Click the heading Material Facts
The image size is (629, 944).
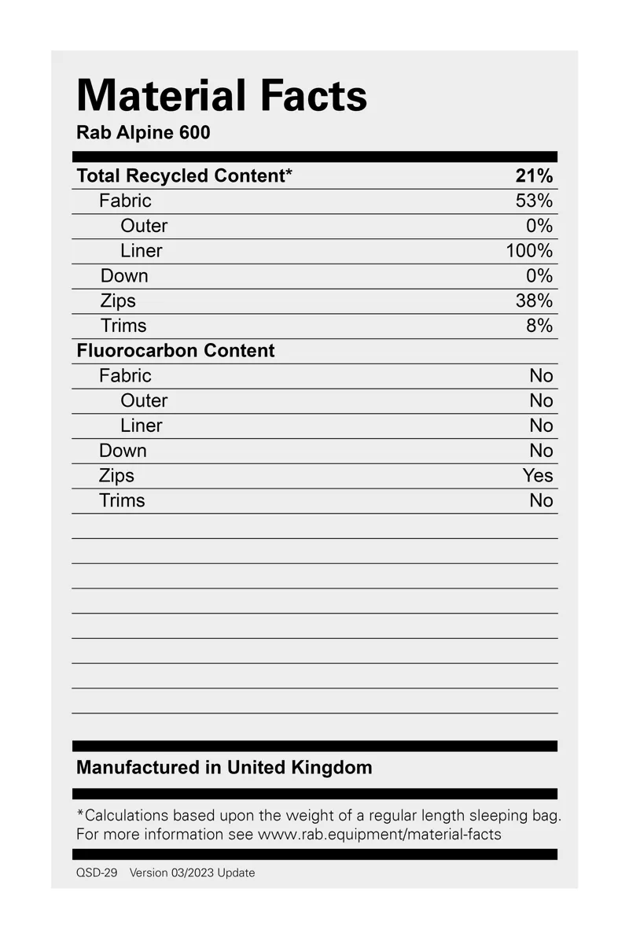[222, 96]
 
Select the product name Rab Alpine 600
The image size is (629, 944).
[143, 132]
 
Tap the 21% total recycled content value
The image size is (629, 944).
[535, 175]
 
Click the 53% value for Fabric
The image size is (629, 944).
[535, 201]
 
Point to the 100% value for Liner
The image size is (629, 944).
[529, 251]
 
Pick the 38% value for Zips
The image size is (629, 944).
[535, 301]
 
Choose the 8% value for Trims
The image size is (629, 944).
[539, 326]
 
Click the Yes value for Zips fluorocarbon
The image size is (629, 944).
[538, 476]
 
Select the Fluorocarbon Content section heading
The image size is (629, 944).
[175, 351]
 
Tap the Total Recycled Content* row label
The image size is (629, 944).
[184, 175]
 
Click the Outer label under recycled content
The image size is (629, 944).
[144, 226]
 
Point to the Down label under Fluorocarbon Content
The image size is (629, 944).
[123, 451]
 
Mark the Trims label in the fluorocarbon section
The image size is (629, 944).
[122, 500]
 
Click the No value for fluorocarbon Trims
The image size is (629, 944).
[541, 500]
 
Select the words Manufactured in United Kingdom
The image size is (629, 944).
[224, 767]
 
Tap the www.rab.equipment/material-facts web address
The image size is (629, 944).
[380, 834]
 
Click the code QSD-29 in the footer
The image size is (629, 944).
[97, 872]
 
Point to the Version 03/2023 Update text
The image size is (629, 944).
[192, 872]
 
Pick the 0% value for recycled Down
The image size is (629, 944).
[539, 276]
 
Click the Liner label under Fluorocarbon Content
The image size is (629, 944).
[142, 426]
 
